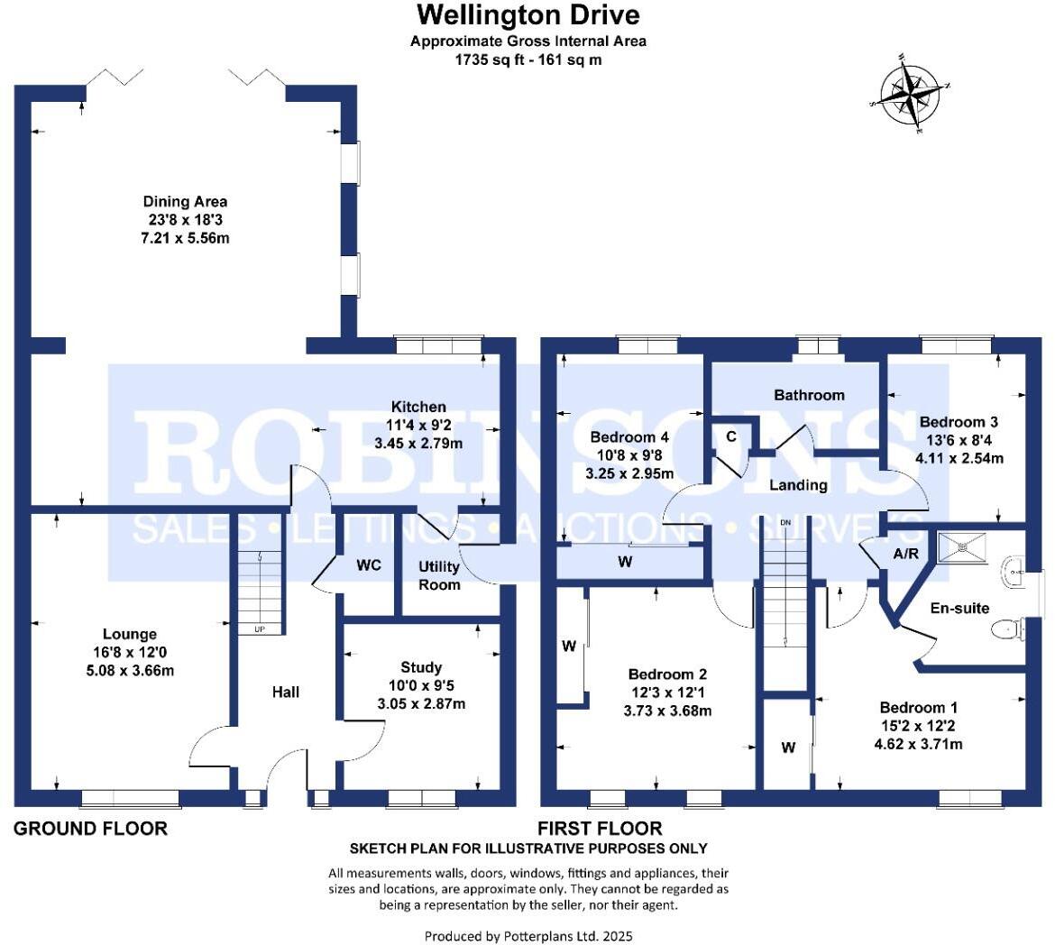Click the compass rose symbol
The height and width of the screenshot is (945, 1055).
click(912, 96)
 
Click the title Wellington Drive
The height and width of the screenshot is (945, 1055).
click(527, 15)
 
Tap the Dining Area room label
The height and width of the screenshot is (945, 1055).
click(185, 201)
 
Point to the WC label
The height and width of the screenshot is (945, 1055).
click(369, 565)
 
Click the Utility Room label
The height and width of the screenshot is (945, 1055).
click(439, 575)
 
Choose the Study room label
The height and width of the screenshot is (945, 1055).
click(421, 667)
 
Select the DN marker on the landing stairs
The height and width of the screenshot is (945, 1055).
click(785, 523)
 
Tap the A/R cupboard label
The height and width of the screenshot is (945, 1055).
click(905, 554)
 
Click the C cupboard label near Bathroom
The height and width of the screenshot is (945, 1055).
click(731, 436)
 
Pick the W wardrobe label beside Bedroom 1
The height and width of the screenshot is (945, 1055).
click(788, 747)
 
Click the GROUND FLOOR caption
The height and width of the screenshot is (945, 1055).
click(90, 828)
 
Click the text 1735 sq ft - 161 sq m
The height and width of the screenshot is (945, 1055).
click(527, 60)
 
